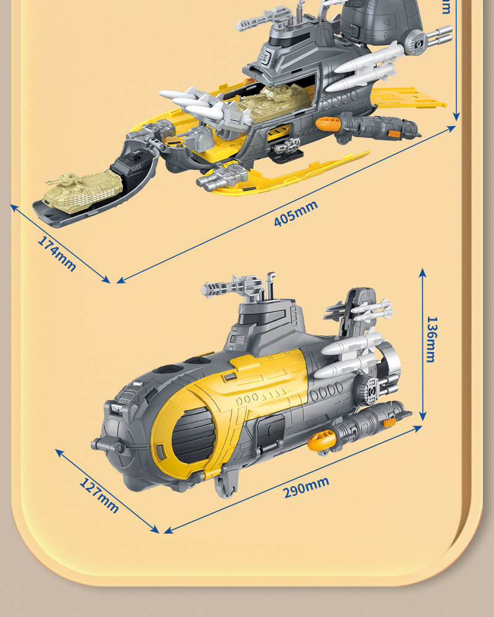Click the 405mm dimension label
coord(296,213)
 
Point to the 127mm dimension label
coord(99,495)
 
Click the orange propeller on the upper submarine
coord(327,124)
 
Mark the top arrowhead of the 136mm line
coord(423,271)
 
